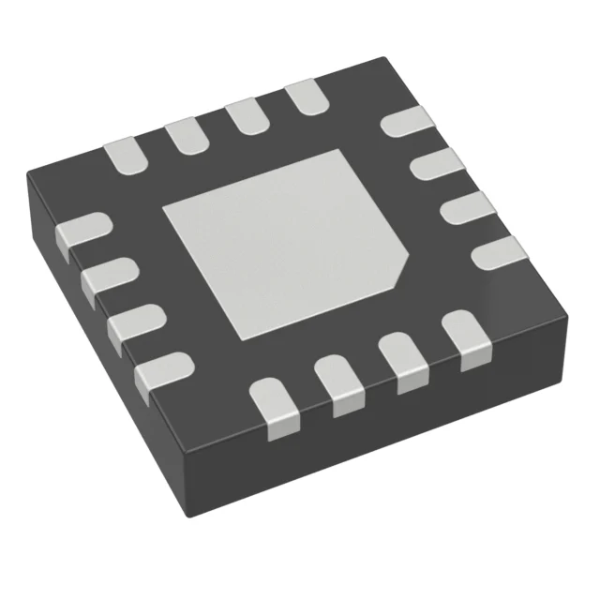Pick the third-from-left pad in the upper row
(x=245, y=116)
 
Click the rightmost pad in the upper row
(x=304, y=98)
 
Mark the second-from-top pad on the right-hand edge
(x=434, y=169)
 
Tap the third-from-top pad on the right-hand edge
(x=463, y=208)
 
